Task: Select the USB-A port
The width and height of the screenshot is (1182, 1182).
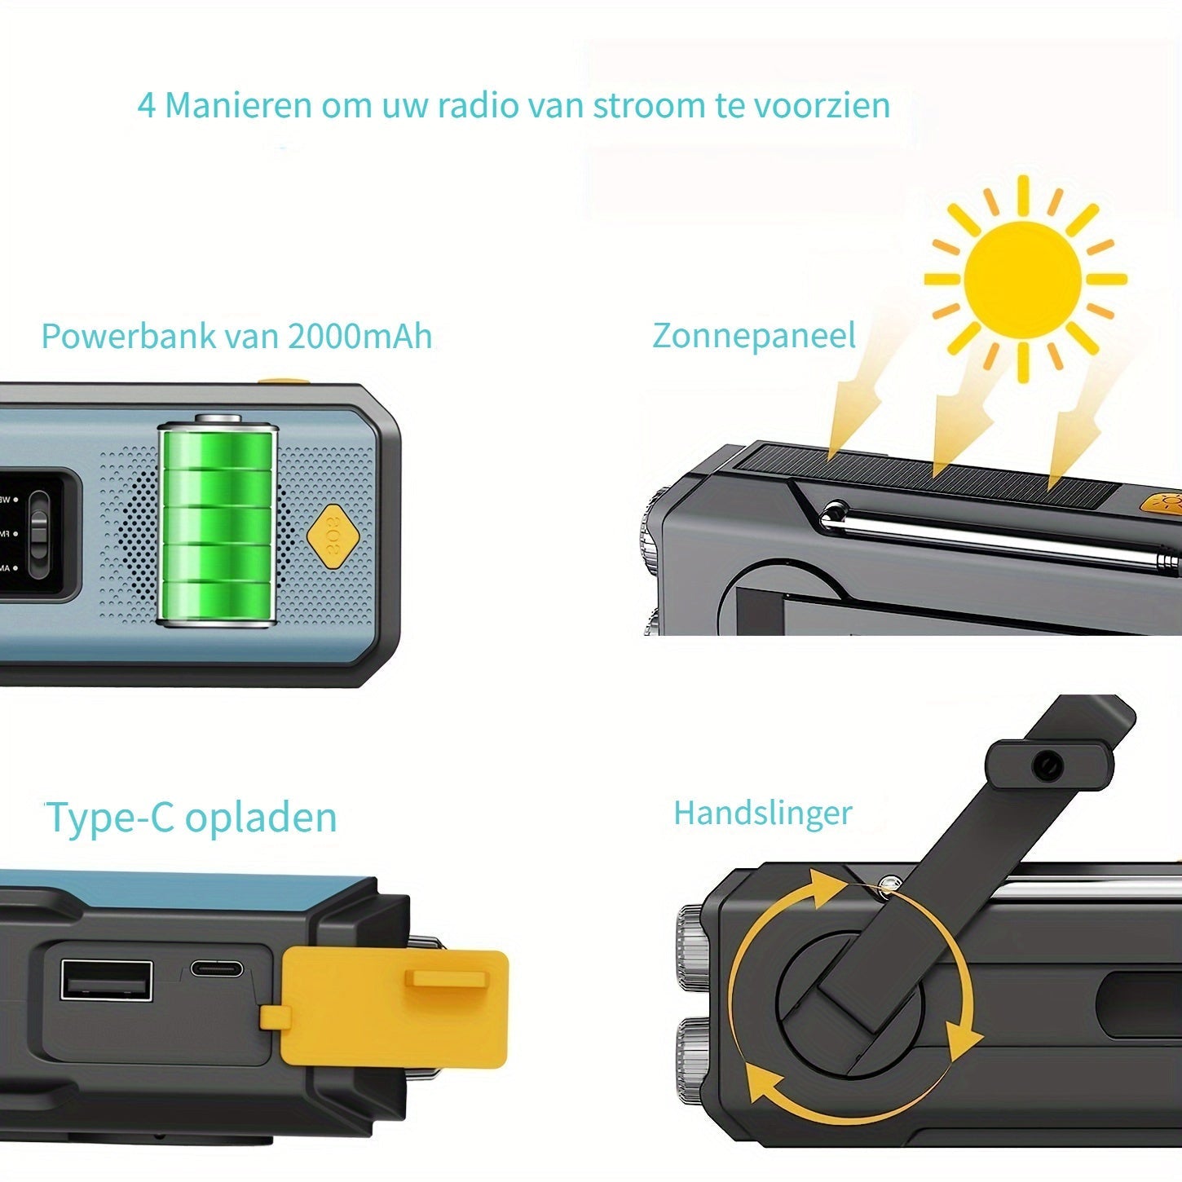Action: [107, 981]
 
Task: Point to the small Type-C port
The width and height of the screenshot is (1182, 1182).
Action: [216, 968]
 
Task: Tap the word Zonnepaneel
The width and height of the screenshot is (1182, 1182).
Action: [754, 336]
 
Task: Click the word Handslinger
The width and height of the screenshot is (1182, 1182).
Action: [762, 813]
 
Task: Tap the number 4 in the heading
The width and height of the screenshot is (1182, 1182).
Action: [146, 105]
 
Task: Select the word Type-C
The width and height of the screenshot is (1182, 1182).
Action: [110, 818]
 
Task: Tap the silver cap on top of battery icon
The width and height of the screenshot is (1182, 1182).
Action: [218, 418]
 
